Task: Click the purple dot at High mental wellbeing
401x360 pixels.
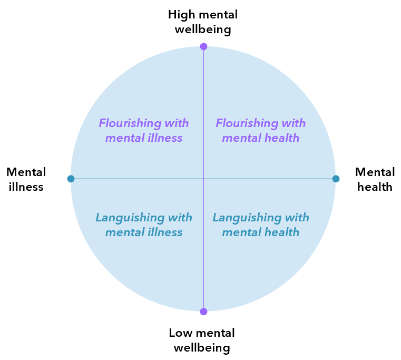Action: coord(203,46)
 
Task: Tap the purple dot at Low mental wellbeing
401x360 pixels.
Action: coord(203,312)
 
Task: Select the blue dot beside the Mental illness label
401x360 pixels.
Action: coord(71,179)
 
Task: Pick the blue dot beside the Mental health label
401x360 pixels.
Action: coord(336,179)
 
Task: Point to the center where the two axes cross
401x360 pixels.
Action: coord(203,179)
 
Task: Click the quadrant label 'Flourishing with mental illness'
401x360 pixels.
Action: coord(144,130)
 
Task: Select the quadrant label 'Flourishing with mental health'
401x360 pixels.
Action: coord(261,130)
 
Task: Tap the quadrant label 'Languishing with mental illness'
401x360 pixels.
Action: coord(144,225)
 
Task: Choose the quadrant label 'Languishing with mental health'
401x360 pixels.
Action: coord(261,225)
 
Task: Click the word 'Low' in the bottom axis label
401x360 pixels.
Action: coord(181,333)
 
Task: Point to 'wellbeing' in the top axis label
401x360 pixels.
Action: coord(203,30)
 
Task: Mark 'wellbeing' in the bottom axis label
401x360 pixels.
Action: coord(202,348)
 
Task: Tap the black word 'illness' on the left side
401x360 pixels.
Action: coord(26,187)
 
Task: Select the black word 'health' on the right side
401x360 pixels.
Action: coord(375,187)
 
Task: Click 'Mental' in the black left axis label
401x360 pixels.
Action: coord(26,172)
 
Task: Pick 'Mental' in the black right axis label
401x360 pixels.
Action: coord(375,172)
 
